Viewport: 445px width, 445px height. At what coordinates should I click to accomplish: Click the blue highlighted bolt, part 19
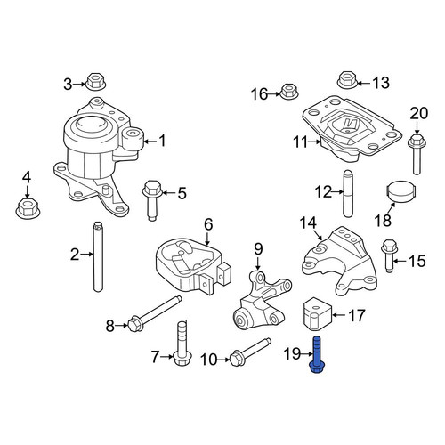click(x=317, y=355)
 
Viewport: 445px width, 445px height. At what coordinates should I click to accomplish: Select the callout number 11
click(x=301, y=142)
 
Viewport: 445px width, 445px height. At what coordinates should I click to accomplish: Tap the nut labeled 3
click(x=95, y=81)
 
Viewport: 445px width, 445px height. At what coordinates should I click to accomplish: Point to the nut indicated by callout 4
click(x=28, y=207)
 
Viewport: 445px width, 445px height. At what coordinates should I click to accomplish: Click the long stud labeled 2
click(x=98, y=256)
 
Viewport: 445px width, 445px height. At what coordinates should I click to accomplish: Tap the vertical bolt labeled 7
click(x=182, y=344)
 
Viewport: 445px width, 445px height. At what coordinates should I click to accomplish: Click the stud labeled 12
click(x=348, y=193)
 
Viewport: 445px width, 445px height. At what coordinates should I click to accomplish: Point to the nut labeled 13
click(x=348, y=80)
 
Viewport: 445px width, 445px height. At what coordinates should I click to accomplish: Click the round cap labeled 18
click(x=400, y=190)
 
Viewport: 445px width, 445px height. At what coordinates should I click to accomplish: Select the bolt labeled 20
click(x=417, y=154)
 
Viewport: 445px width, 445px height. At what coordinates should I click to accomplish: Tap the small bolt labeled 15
click(x=389, y=255)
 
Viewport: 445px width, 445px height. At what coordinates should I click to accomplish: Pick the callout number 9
click(x=258, y=249)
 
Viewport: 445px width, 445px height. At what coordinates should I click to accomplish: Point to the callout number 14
click(x=308, y=223)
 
